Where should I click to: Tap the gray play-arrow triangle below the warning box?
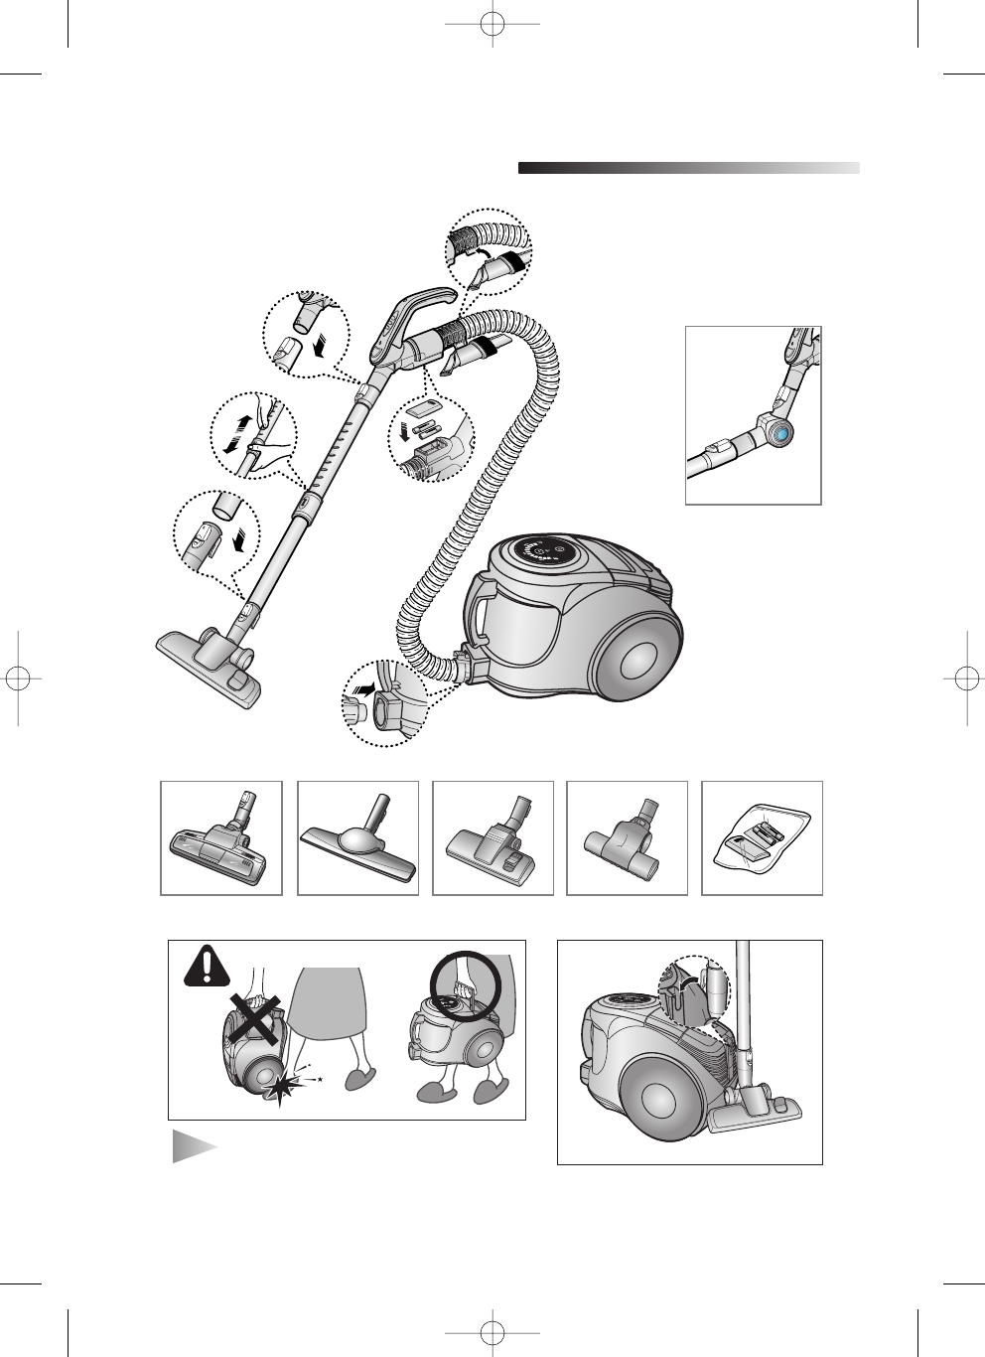point(193,1144)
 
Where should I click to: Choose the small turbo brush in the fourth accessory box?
point(627,844)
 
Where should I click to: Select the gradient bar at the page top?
point(688,168)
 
